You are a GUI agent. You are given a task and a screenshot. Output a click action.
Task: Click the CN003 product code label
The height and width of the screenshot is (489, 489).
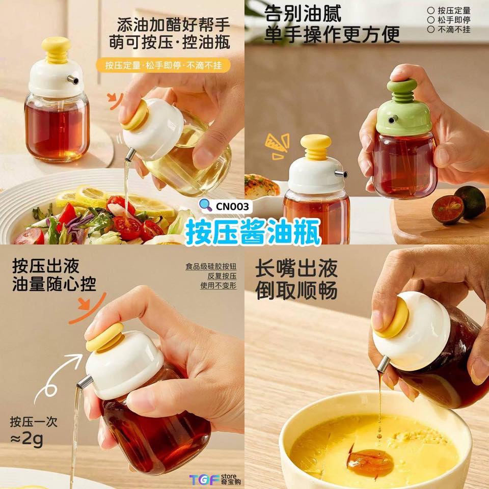pos(233,206)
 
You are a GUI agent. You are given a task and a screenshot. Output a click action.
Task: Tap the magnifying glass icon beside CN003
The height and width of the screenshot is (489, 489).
pos(206,205)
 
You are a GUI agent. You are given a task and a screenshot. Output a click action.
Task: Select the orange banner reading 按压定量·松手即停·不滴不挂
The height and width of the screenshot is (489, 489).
pos(163,66)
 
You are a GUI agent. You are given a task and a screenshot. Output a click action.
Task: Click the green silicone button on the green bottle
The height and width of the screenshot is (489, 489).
pos(402,90)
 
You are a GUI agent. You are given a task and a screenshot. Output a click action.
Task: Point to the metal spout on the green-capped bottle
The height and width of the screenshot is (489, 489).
pos(392,119)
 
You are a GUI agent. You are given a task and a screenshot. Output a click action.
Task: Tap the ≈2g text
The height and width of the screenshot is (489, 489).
pos(26,439)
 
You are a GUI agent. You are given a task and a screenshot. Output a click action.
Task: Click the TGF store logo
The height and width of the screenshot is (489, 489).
pos(215,479)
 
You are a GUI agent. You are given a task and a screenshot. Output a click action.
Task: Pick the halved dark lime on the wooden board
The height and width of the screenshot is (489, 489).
pos(447,209)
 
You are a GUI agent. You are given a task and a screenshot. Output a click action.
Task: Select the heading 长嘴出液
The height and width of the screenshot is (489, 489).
pos(296,269)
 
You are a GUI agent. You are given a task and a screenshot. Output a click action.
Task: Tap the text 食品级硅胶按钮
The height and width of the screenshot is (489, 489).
pos(211,266)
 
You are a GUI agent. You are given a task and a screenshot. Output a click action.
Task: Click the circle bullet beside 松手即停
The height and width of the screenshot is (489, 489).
pos(431,20)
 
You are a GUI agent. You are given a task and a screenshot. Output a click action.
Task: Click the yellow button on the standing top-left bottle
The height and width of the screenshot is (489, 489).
pos(56,50)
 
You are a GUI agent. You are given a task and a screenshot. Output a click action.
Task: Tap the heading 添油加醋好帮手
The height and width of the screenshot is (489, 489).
pos(173,25)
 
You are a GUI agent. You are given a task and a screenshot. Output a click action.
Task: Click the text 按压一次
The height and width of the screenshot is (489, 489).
pos(34,421)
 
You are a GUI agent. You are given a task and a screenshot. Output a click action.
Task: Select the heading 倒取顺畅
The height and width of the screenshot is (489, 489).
pos(296,291)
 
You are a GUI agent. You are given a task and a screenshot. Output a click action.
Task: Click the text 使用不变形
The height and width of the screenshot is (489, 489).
pos(219,285)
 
